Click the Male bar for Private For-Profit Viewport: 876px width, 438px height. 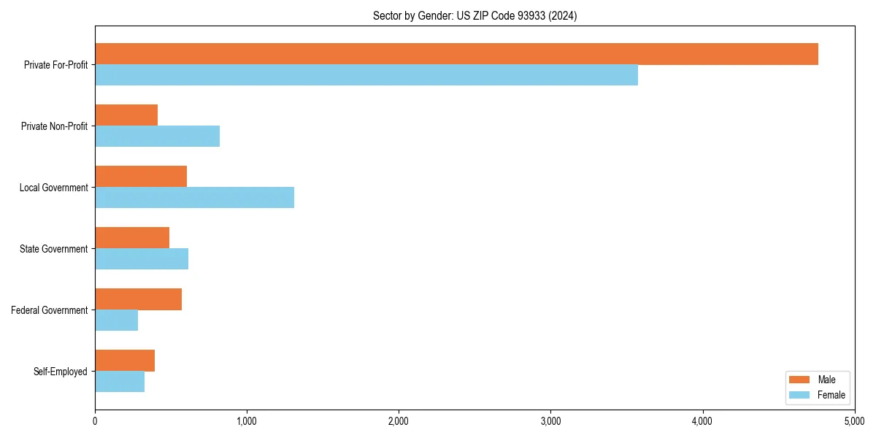pos(456,54)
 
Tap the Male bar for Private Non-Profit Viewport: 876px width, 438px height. pos(126,115)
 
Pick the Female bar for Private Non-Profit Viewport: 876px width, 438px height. pos(157,137)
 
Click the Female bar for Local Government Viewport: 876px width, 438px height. pos(194,198)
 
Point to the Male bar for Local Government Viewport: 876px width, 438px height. pos(141,177)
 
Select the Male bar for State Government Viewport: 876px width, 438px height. pos(132,238)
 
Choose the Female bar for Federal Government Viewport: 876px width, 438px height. pos(116,320)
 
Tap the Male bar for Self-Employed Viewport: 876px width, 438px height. pos(125,361)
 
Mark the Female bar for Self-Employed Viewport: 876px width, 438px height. pos(120,382)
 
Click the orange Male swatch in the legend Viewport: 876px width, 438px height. pos(800,380)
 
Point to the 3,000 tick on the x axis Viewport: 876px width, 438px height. pos(550,420)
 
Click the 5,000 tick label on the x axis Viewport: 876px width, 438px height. pos(854,420)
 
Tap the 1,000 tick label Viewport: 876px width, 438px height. pos(247,420)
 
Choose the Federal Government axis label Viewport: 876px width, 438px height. pos(50,310)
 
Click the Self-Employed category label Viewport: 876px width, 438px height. pos(61,372)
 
